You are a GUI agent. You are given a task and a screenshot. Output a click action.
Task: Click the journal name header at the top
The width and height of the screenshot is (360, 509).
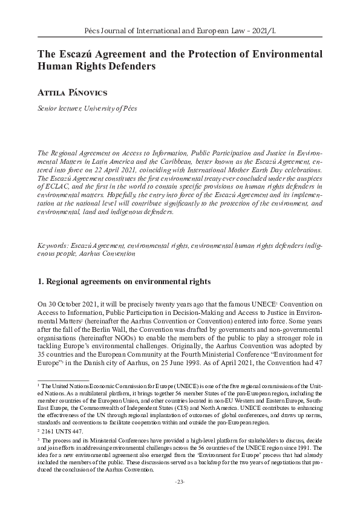(180, 28)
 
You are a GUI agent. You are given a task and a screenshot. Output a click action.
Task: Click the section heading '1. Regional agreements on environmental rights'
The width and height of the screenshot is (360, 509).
(124, 281)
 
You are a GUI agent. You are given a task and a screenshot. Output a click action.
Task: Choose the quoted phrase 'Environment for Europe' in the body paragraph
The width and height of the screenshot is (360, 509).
(296, 352)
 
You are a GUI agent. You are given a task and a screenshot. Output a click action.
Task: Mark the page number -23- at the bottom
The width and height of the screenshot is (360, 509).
(180, 481)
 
